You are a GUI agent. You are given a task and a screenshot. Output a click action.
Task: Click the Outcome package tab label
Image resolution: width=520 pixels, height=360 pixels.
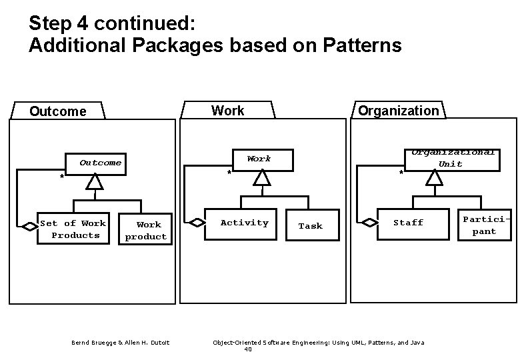pyautogui.click(x=58, y=111)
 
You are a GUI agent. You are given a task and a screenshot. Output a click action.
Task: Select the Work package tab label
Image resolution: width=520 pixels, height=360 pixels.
pyautogui.click(x=227, y=111)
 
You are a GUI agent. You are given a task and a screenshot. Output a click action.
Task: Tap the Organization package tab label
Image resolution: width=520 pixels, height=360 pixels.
pyautogui.click(x=398, y=111)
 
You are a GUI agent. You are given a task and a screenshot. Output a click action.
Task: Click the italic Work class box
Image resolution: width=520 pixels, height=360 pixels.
pyautogui.click(x=259, y=159)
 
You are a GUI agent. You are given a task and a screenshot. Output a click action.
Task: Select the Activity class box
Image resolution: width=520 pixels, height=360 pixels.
pyautogui.click(x=244, y=223)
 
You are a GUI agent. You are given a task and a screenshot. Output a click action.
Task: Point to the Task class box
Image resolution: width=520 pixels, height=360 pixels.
pyautogui.click(x=310, y=226)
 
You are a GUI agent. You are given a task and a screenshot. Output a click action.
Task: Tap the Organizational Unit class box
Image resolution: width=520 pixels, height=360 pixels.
pyautogui.click(x=452, y=158)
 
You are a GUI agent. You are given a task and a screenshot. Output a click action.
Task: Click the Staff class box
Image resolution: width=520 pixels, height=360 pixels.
pyautogui.click(x=408, y=223)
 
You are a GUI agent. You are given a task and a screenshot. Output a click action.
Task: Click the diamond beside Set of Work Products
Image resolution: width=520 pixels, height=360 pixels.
pyautogui.click(x=30, y=227)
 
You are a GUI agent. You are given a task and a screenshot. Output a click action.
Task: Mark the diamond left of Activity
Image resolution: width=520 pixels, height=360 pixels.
pyautogui.click(x=197, y=223)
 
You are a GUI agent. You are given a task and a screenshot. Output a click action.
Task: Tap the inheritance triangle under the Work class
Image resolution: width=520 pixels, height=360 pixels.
pyautogui.click(x=262, y=177)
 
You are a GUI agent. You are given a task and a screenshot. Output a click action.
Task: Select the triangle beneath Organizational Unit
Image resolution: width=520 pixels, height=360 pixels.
pyautogui.click(x=435, y=177)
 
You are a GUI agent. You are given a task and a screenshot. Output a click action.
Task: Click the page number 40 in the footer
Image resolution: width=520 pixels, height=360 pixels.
pyautogui.click(x=248, y=349)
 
